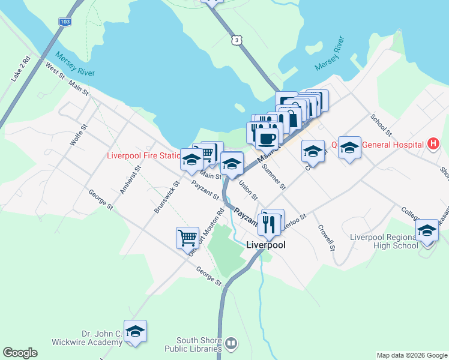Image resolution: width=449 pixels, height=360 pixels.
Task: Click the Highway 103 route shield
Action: click(64, 22)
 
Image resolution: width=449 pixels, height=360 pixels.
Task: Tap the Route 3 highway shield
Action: click(238, 40)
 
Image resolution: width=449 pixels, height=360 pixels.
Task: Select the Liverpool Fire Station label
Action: click(143, 155)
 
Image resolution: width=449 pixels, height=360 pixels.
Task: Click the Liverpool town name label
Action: click(266, 245)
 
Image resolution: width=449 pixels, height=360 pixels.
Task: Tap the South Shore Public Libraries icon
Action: click(231, 343)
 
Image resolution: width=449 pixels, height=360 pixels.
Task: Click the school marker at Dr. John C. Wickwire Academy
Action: click(135, 332)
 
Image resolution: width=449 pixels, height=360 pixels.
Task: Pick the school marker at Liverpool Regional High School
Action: click(427, 231)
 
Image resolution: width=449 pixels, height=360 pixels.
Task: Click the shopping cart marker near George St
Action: click(187, 238)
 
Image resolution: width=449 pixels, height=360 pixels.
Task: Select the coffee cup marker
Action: click(267, 138)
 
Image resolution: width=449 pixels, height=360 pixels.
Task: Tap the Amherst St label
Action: click(130, 179)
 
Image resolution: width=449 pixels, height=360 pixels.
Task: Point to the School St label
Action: click(381, 125)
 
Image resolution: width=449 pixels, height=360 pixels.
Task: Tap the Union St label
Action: click(248, 190)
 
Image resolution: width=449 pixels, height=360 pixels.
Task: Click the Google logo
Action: click(20, 353)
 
